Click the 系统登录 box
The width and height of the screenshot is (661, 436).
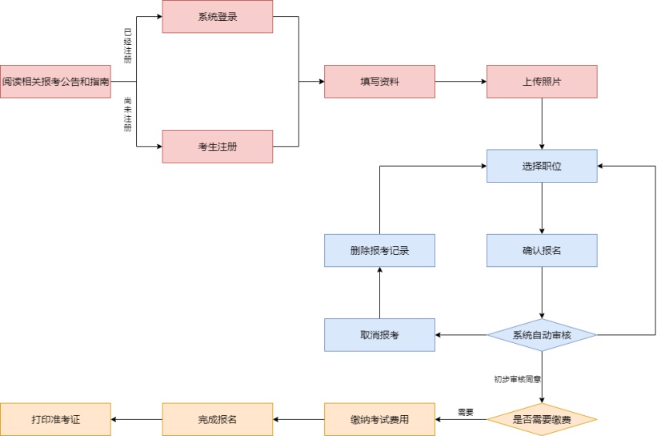[218, 17]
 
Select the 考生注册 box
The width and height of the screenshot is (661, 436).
[218, 147]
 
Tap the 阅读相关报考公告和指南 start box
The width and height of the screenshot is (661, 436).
[55, 82]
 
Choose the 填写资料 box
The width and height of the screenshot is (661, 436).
[379, 82]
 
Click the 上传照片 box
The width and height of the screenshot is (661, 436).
[543, 82]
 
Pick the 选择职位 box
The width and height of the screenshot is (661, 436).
[543, 166]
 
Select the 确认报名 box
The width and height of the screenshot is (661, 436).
[543, 250]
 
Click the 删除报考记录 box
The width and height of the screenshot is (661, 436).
[379, 250]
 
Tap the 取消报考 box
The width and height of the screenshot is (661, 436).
[379, 334]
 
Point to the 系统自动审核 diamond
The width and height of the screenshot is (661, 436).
[543, 334]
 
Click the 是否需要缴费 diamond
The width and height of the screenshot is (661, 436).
[543, 419]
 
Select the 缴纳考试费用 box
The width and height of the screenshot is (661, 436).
[379, 419]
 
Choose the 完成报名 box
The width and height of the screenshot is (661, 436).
[218, 419]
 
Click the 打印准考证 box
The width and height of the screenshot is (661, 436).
[55, 419]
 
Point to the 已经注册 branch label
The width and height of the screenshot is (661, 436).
[127, 46]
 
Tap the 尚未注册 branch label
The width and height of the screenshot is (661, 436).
[127, 114]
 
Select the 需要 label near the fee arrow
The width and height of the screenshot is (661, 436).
[466, 412]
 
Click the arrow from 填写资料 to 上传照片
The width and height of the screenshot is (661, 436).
[461, 82]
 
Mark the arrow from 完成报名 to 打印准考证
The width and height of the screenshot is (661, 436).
[137, 419]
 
